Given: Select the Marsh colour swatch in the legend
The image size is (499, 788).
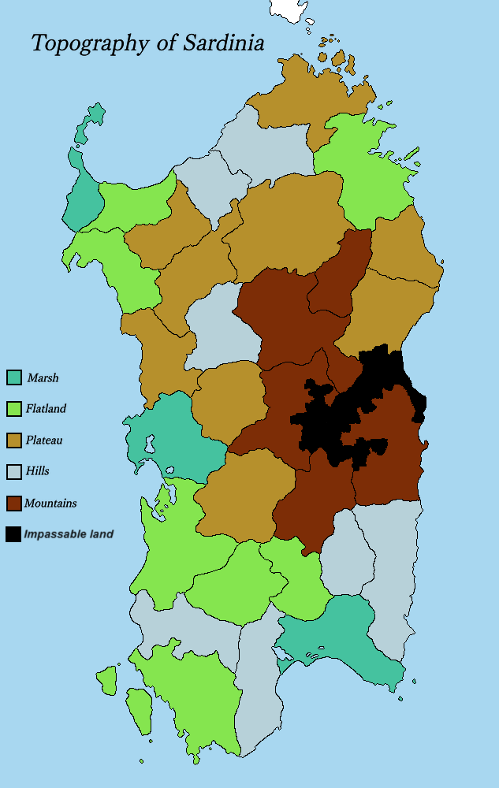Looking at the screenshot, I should click(x=13, y=377).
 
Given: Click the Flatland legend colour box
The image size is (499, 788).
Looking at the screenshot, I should click(x=13, y=409).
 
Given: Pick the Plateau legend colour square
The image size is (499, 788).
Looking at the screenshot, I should click(x=13, y=440).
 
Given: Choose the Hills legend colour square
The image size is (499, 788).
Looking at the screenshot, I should click(x=13, y=471).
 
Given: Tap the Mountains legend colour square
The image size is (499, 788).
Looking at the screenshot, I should click(x=13, y=503).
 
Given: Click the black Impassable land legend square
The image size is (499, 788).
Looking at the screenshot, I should click(x=13, y=533).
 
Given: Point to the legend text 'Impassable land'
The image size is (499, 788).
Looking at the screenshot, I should click(x=69, y=534).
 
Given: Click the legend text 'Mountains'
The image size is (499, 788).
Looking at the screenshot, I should click(x=50, y=503).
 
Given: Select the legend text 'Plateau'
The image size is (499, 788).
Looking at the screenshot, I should click(x=44, y=440).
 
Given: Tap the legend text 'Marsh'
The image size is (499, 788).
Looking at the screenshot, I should click(x=43, y=378).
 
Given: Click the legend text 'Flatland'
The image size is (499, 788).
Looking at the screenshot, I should click(x=46, y=409).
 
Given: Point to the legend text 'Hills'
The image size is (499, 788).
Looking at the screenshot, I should click(x=37, y=471).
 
